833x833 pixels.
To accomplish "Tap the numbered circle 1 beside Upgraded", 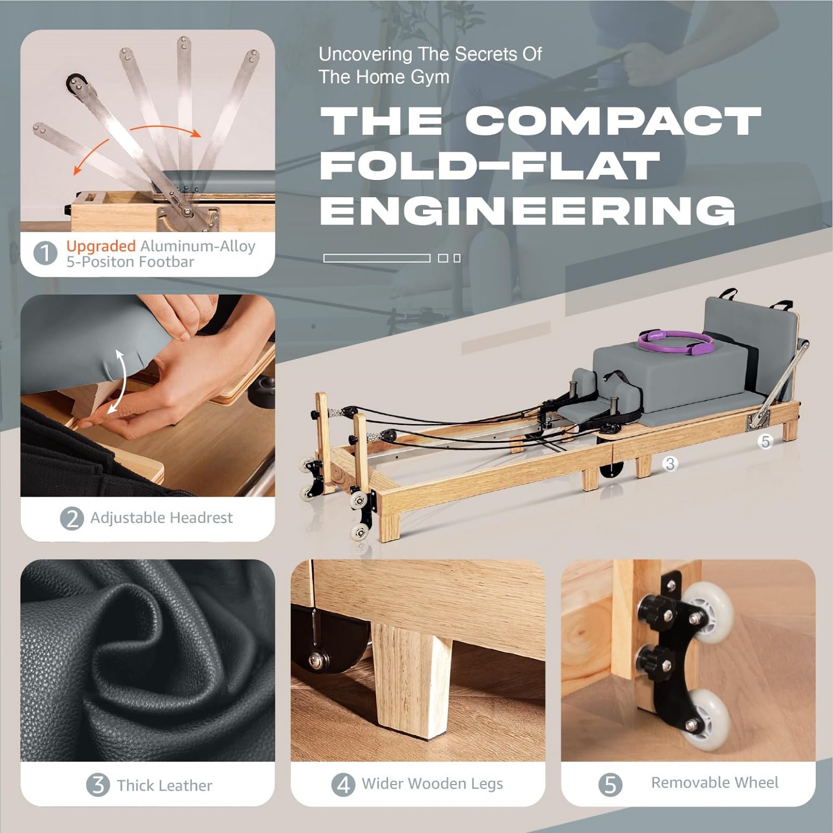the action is (45, 253).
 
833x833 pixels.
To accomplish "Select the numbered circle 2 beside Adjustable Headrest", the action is (72, 519).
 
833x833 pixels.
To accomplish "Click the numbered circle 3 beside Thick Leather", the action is (98, 785).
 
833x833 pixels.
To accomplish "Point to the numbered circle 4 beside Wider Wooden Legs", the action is (343, 785).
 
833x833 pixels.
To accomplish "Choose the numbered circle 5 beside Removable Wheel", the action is (610, 784).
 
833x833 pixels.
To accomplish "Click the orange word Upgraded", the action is (101, 246).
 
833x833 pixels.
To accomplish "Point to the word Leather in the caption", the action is (186, 785).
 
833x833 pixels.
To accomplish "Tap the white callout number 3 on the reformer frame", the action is (670, 463).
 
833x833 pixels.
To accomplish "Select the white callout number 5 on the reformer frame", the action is (766, 442).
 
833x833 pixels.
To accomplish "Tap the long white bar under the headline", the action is (377, 258).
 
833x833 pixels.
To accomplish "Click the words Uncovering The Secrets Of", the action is (430, 54).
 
